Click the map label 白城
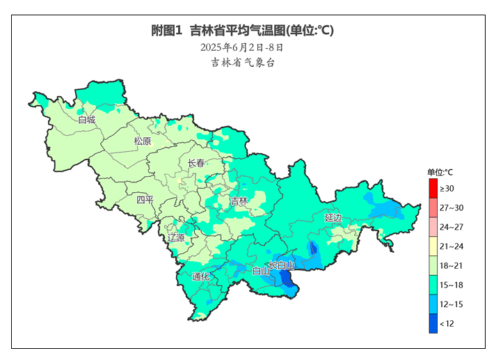coord(87,120)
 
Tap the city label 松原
coord(142,141)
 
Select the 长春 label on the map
coord(197,163)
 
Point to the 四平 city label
coord(145,200)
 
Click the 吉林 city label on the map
coord(239,201)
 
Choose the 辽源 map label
coord(176,237)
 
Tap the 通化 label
coord(201,276)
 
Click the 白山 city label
coord(261,272)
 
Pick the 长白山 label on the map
coord(282,265)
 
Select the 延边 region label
coord(333,218)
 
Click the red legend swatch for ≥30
coord(433,188)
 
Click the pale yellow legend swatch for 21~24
coord(433,246)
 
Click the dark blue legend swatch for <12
coord(433,324)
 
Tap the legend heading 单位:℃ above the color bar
coord(440,172)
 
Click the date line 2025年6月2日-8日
coord(242,47)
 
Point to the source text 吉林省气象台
coord(243,63)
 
